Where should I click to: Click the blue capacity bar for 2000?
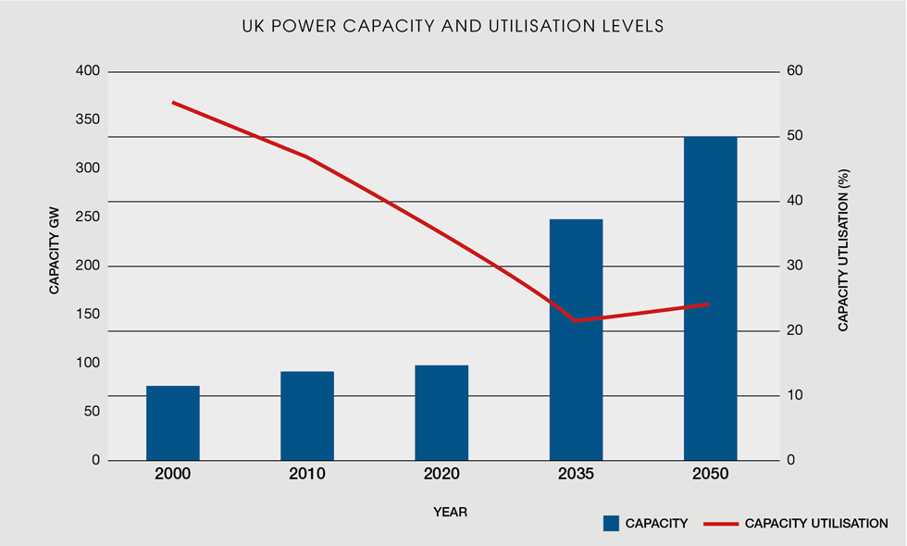coord(173,423)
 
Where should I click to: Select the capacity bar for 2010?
coord(307,416)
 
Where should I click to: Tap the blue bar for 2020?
coord(441,413)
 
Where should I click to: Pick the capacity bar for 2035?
coord(576,340)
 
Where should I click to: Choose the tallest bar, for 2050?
coord(710,298)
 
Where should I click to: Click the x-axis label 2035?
coord(576,474)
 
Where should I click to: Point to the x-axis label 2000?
coord(173,474)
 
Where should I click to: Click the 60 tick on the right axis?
coord(794,71)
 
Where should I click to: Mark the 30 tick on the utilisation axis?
coord(794,266)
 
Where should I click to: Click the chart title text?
coord(453,27)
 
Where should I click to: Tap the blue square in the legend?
coord(611,524)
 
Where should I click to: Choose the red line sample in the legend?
coord(720,524)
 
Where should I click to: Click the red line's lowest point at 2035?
coord(576,320)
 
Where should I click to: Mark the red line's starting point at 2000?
coord(174,103)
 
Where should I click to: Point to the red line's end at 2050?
coord(709,304)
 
